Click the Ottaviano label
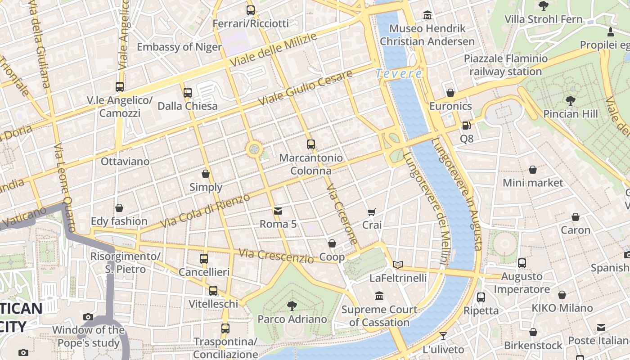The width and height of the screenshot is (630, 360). [x=125, y=161]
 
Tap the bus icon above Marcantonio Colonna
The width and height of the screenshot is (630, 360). [x=311, y=144]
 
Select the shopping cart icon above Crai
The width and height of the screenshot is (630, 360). [x=372, y=212]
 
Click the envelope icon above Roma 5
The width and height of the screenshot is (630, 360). [x=278, y=211]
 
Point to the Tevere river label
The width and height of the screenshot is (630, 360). [x=399, y=73]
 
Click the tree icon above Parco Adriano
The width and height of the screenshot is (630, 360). [x=292, y=306]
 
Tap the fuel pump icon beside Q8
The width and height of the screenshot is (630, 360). [x=467, y=126]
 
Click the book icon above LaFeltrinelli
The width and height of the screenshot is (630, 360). [x=398, y=265]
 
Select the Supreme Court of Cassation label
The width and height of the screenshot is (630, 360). [x=379, y=316]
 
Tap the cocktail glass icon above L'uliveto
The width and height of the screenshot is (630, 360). [x=443, y=336]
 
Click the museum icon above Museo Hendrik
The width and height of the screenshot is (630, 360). [x=427, y=16]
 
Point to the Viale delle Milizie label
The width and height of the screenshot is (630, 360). [x=273, y=50]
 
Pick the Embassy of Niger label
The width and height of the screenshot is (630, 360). [x=179, y=47]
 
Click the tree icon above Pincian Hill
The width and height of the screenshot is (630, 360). [x=571, y=100]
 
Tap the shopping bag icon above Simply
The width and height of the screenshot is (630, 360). [x=206, y=174]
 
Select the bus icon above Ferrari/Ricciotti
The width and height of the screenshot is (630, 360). [x=251, y=10]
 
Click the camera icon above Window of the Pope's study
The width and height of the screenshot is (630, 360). [x=88, y=317]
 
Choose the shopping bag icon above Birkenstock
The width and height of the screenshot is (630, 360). [x=533, y=332]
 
